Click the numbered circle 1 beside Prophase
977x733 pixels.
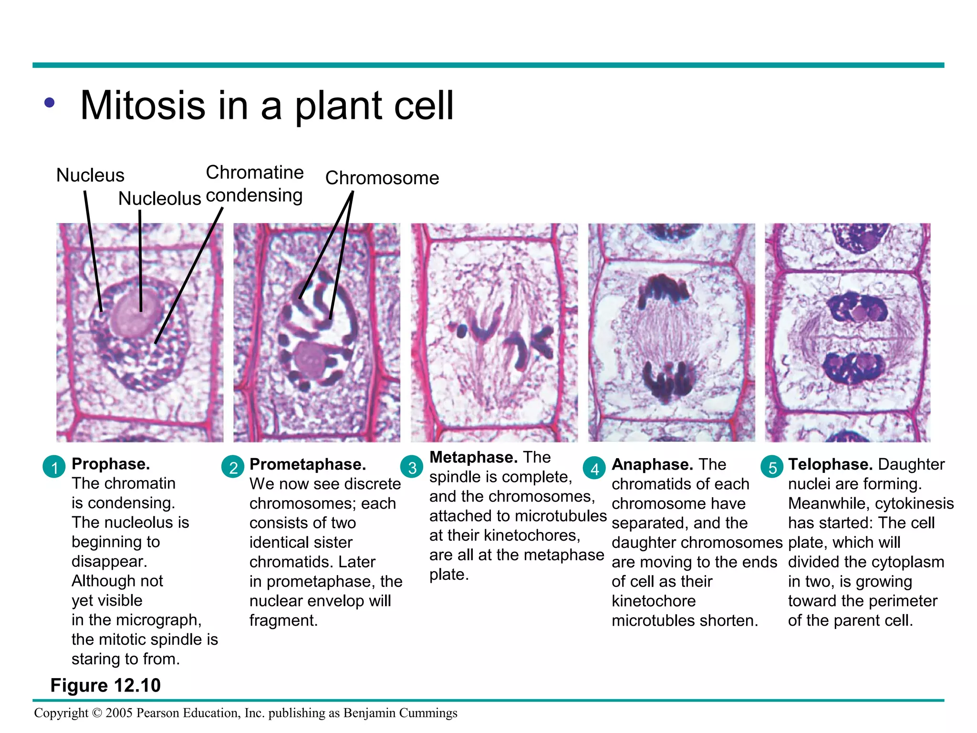(54, 467)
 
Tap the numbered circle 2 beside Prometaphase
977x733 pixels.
(233, 467)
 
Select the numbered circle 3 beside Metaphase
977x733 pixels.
(412, 467)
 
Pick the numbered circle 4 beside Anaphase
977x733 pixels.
(594, 468)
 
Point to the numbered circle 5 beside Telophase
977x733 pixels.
(772, 467)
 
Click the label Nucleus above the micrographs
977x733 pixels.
(90, 175)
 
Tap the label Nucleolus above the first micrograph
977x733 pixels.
(159, 198)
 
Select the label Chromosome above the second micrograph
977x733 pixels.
(382, 178)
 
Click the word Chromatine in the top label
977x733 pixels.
(255, 172)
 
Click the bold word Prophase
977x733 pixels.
(111, 464)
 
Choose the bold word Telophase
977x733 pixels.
(830, 464)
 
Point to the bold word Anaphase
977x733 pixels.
(652, 464)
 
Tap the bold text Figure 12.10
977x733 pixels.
(105, 685)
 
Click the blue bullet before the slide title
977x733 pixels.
(50, 103)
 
